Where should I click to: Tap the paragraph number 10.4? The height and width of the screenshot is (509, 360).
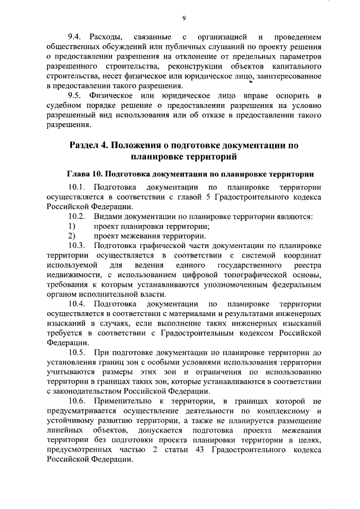pyautogui.click(x=78, y=304)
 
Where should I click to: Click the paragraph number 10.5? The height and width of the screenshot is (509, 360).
pyautogui.click(x=78, y=352)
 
